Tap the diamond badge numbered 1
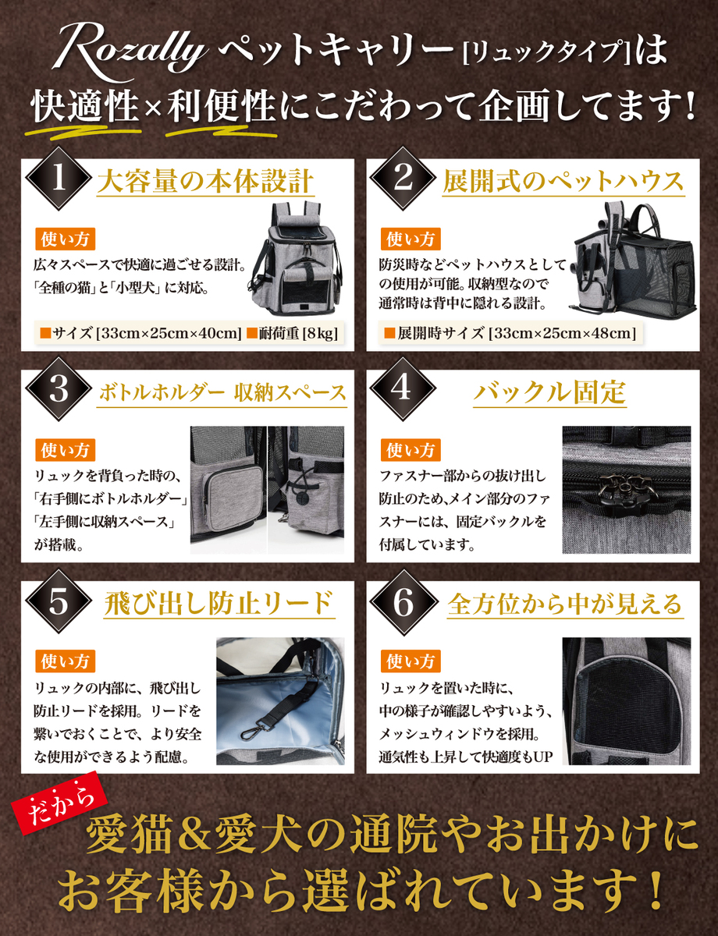tap(59, 179)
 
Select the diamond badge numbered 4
tap(403, 389)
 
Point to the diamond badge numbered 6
tap(403, 601)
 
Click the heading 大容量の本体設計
tap(205, 182)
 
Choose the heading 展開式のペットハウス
tap(563, 182)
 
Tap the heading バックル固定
tap(550, 393)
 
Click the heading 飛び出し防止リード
tap(219, 604)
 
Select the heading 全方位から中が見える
tap(565, 604)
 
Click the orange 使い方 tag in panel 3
tap(65, 450)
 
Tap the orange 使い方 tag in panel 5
tap(65, 661)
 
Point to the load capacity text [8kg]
tap(321, 333)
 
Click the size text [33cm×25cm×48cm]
tap(562, 333)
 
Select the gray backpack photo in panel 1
tap(297, 258)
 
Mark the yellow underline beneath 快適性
tap(83, 132)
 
